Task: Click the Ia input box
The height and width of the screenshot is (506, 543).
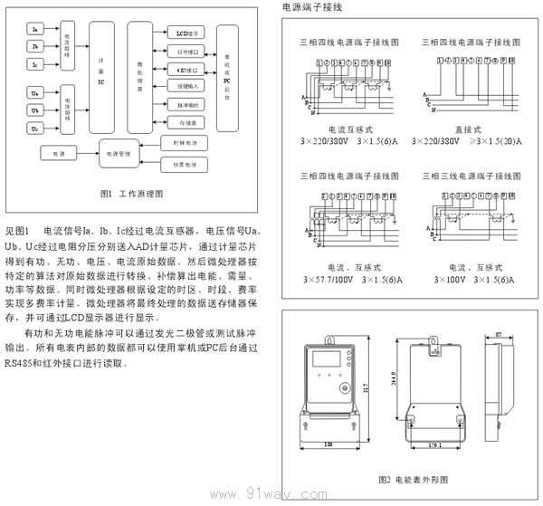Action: coord(34,31)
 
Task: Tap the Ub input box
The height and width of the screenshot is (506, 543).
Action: coord(34,110)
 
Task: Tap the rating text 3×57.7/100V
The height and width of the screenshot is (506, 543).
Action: coord(329,281)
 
